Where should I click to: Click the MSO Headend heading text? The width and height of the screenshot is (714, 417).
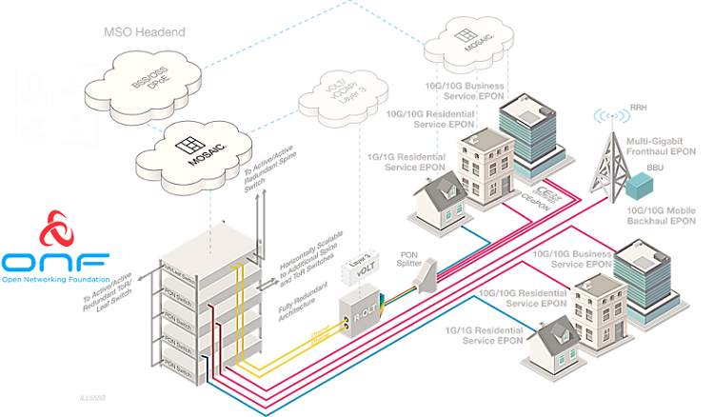pos(144,32)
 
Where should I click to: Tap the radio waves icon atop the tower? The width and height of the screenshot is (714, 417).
pos(606,118)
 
